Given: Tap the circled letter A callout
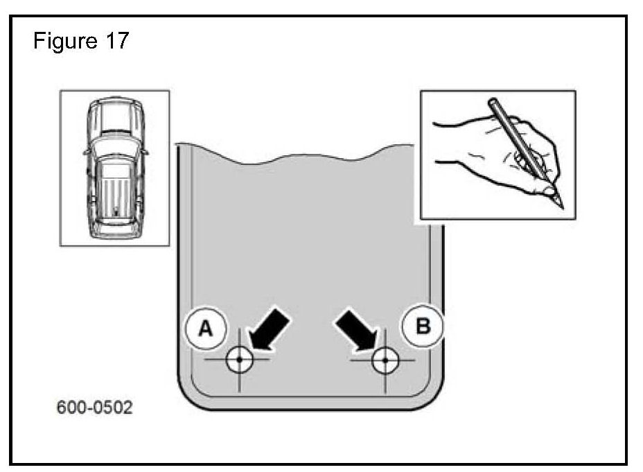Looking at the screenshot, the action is pyautogui.click(x=205, y=329).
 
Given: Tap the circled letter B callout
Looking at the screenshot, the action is pyautogui.click(x=422, y=324).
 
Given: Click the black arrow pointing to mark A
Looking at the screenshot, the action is pyautogui.click(x=268, y=330).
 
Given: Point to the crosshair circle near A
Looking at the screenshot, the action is pyautogui.click(x=238, y=360).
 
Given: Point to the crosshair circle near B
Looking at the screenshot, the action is pyautogui.click(x=383, y=360).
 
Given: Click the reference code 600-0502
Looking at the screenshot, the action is pyautogui.click(x=94, y=407).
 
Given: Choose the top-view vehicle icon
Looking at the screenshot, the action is pyautogui.click(x=114, y=167).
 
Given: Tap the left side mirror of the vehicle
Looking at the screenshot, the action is pyautogui.click(x=87, y=150).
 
